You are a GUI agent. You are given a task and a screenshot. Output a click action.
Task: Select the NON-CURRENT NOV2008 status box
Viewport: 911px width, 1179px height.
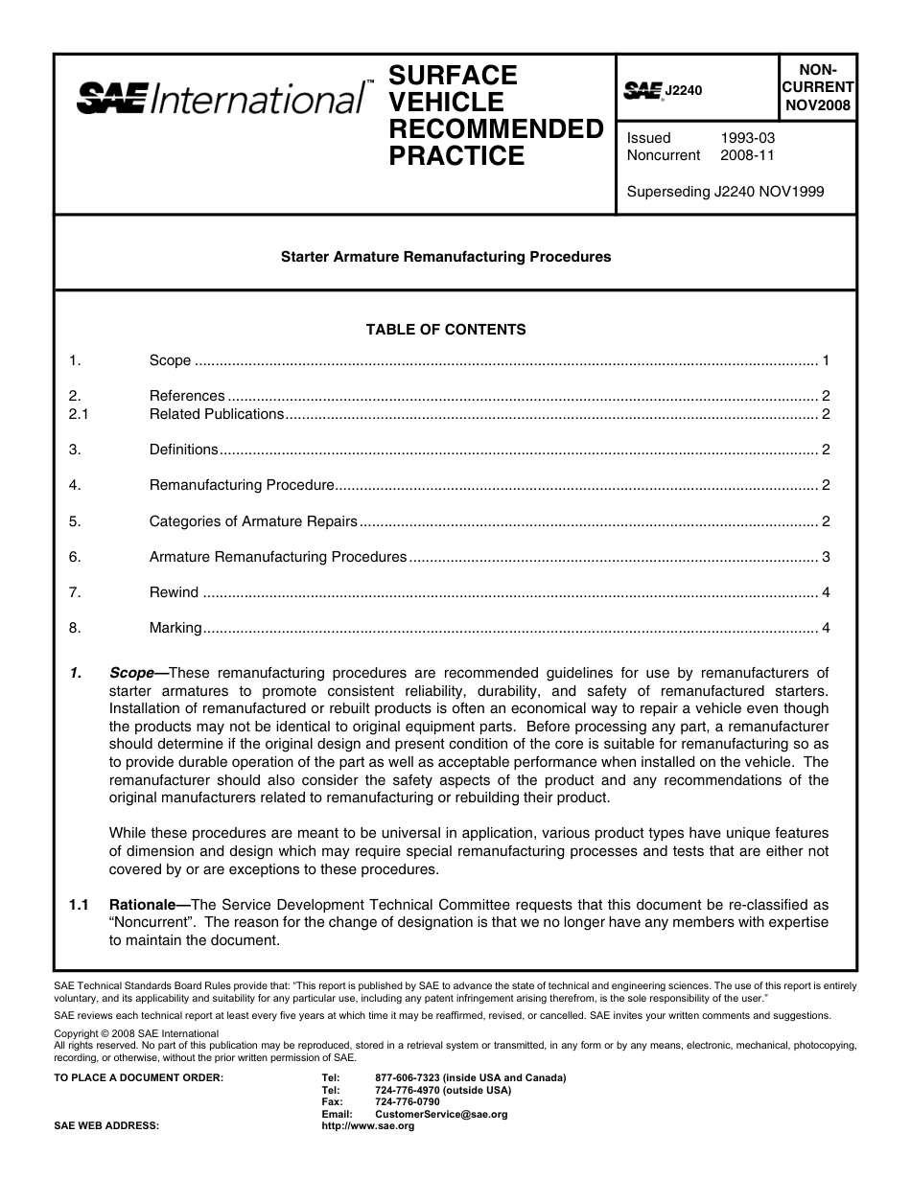[817, 88]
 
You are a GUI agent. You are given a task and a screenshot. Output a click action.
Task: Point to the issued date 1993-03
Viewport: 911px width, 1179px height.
[748, 138]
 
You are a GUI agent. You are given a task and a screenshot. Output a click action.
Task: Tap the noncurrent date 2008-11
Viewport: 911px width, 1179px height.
[748, 155]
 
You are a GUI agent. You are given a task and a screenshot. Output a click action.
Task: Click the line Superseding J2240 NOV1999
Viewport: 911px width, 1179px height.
[725, 191]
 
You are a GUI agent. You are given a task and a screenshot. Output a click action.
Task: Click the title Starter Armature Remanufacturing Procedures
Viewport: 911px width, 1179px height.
[445, 257]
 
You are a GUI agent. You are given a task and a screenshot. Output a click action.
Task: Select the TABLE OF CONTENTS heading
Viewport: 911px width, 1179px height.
[446, 330]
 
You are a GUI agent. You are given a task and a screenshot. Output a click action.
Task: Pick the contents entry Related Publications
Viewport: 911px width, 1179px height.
[217, 414]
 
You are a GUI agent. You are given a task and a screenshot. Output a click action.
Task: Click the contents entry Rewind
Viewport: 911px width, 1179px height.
[174, 592]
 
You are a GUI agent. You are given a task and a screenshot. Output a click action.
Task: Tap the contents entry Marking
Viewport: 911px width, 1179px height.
[175, 628]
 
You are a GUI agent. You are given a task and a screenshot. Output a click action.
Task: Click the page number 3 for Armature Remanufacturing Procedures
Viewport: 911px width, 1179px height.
[825, 557]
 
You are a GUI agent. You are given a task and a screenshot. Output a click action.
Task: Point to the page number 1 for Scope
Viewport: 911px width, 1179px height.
[825, 360]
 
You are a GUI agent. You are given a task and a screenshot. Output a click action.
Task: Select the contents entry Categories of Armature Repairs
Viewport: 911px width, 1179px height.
[253, 521]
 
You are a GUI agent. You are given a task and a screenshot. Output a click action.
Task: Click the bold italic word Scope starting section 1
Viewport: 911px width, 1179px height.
[131, 673]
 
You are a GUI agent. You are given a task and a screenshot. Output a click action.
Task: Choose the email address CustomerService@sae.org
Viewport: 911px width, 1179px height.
[441, 1115]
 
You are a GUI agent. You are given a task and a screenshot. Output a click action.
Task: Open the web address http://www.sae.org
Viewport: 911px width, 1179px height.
[368, 1126]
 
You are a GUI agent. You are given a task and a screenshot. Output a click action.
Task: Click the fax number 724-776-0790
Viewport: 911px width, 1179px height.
[408, 1102]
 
